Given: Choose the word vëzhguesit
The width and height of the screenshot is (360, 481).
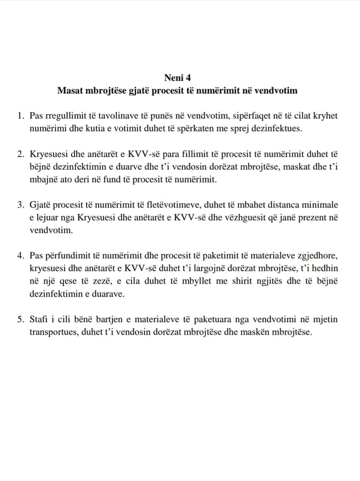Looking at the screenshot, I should pos(236,218).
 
